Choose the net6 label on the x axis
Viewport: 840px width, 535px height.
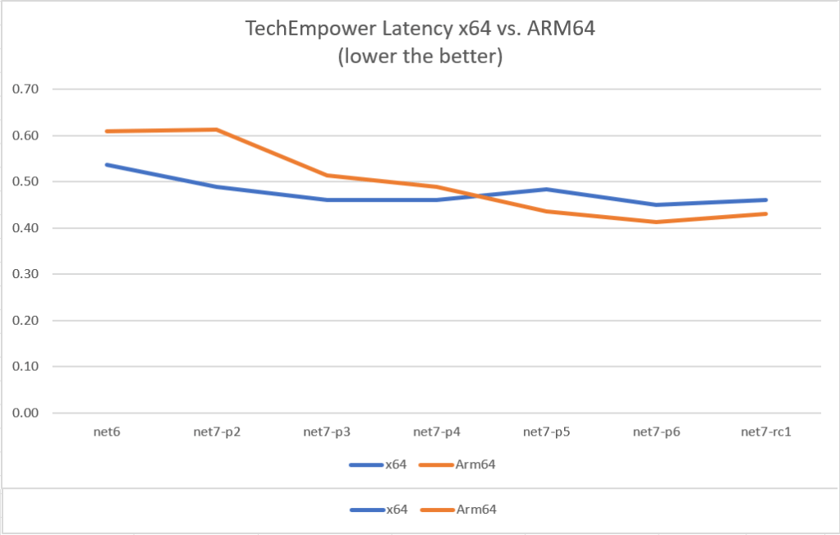[107, 432]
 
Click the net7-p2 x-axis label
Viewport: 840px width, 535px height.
[217, 432]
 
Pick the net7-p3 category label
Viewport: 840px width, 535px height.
[327, 432]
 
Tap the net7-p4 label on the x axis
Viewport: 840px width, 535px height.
[437, 432]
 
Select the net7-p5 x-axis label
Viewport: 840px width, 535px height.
[547, 432]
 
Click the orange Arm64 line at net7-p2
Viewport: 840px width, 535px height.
[217, 130]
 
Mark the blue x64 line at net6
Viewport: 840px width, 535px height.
[107, 165]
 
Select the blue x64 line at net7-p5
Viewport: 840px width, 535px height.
[547, 190]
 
